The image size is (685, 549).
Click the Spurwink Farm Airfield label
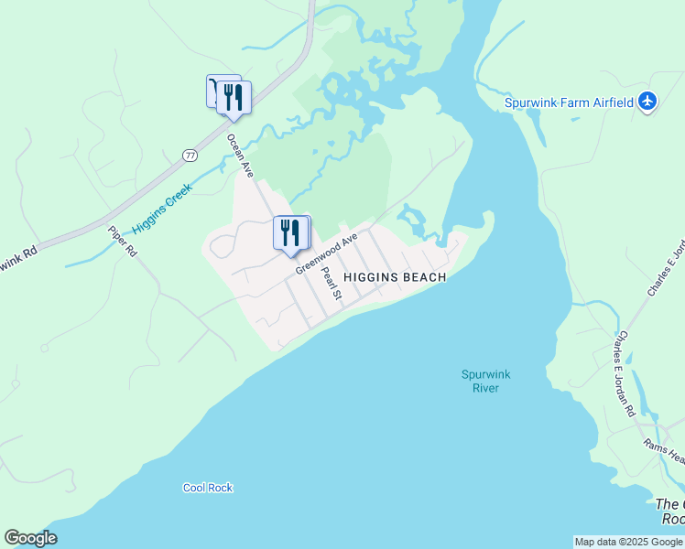coord(570,102)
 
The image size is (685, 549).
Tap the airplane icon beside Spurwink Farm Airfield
coord(648,102)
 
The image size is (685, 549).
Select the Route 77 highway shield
coord(190,156)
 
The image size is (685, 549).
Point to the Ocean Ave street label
coord(241,156)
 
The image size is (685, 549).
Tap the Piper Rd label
coord(122,242)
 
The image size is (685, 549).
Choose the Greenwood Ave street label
coord(326,253)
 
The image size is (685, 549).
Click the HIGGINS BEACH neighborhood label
coord(395,277)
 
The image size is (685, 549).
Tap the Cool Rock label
coord(208,488)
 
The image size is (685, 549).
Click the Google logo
coord(30,538)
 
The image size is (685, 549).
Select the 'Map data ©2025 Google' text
coord(628,542)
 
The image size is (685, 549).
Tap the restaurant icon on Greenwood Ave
coord(290,233)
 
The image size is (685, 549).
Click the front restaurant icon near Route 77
coord(234,98)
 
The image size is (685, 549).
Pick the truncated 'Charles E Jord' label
coord(667,268)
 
